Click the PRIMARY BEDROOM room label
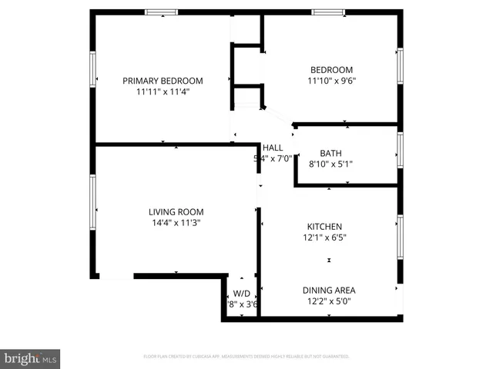tap(163, 81)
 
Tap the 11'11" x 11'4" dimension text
tap(163, 91)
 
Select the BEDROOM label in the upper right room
tap(331, 70)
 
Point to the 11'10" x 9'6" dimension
tap(331, 81)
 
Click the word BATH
tap(330, 153)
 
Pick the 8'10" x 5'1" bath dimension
tap(330, 164)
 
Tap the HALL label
tap(273, 148)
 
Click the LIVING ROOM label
tap(176, 211)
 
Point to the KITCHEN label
tap(324, 227)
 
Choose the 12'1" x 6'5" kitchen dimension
tap(324, 238)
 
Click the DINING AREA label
tap(329, 290)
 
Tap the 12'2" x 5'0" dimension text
tap(329, 301)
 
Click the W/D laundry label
tap(242, 293)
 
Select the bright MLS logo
tap(31, 358)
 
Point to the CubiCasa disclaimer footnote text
tap(246, 357)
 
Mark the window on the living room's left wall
tap(93, 196)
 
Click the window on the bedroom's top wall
tap(329, 12)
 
